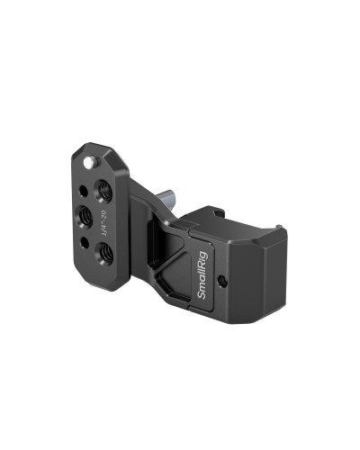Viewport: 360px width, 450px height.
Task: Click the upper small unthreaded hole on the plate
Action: pyautogui.click(x=84, y=191)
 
